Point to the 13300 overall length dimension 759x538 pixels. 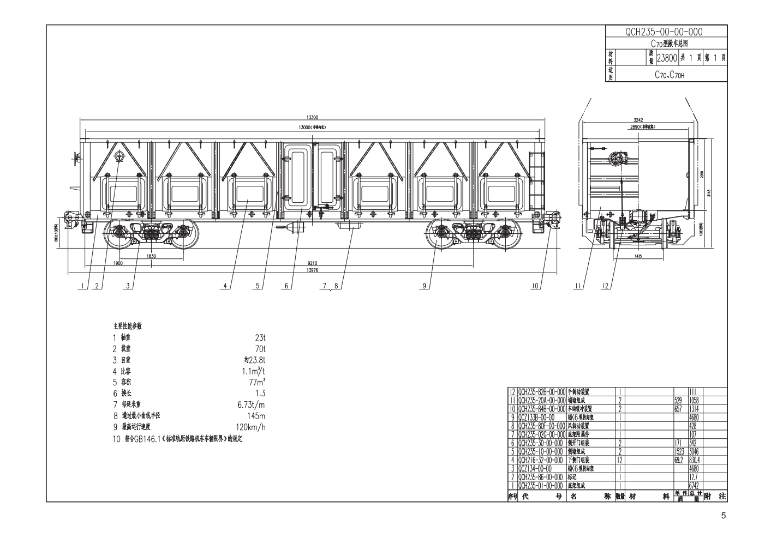point(312,117)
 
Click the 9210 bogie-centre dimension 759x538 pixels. point(312,263)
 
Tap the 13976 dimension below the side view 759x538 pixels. point(312,270)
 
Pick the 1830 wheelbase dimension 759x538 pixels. point(151,255)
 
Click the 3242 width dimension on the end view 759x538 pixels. point(638,119)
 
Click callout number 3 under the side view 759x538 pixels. point(128,286)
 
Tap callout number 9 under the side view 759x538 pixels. point(424,286)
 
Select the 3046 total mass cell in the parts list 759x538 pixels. point(695,451)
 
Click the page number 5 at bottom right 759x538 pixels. point(724,516)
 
